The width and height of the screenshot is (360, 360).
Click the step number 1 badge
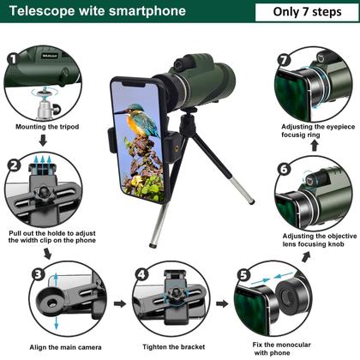(13, 59)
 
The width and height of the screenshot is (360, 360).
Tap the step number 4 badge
(141, 274)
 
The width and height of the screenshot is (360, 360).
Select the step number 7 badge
(285, 60)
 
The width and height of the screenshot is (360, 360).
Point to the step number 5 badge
(243, 275)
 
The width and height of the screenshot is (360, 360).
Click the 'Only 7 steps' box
(307, 12)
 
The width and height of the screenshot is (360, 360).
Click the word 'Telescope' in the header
(42, 11)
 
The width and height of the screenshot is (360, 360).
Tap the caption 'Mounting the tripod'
(47, 127)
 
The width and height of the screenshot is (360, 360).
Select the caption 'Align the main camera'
(65, 347)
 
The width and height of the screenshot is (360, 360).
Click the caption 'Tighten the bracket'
(174, 347)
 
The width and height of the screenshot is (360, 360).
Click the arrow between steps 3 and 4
(120, 303)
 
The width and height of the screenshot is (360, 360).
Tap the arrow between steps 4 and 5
(222, 303)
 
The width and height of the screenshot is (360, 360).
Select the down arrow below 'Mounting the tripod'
(43, 141)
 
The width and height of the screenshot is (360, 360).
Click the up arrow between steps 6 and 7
(315, 146)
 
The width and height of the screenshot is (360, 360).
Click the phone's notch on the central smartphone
(134, 84)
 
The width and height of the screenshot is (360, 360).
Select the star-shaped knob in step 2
(44, 193)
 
